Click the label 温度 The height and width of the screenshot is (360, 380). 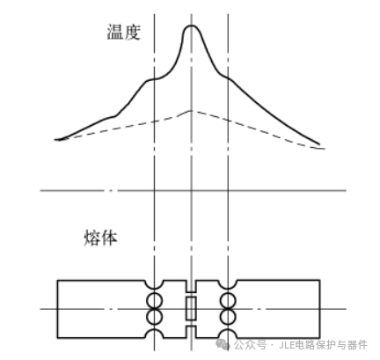tap(123, 32)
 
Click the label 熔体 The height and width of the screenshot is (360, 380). tap(100, 238)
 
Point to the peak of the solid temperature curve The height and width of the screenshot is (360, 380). tap(191, 26)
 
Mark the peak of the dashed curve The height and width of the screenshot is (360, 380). tap(191, 111)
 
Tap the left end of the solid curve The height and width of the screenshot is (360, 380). tap(55, 140)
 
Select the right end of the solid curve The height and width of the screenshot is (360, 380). tap(319, 144)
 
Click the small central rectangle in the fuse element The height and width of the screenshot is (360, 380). tap(191, 308)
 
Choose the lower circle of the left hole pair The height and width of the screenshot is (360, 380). tap(154, 317)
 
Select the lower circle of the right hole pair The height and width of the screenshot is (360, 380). tap(228, 317)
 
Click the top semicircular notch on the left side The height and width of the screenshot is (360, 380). tap(154, 289)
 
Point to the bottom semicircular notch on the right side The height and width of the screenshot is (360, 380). tap(228, 330)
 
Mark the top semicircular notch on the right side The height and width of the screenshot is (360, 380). tap(228, 289)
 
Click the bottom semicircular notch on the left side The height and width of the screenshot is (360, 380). tap(154, 330)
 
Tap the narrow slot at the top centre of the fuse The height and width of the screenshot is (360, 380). tap(191, 286)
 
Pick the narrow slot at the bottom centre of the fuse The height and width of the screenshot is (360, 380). tap(191, 332)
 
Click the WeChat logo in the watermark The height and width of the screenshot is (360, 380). tap(223, 344)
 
